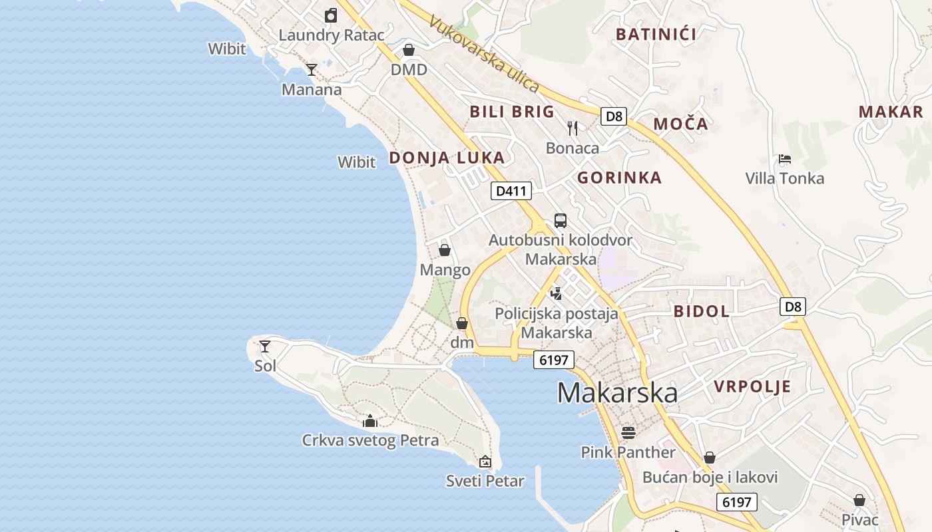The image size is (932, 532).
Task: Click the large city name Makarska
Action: [617, 392]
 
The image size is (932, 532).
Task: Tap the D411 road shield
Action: [511, 192]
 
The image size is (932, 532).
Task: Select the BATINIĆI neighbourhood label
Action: [656, 35]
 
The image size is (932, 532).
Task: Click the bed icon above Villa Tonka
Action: [785, 159]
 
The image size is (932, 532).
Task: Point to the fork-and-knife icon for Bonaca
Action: [573, 128]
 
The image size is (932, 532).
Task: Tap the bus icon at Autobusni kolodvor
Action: [561, 221]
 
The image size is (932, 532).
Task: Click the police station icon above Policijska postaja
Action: [557, 293]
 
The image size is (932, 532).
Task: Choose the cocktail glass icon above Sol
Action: [265, 346]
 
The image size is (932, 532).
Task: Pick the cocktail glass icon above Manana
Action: [312, 69]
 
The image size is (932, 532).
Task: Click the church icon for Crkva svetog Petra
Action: [370, 421]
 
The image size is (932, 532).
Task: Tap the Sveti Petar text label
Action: [485, 481]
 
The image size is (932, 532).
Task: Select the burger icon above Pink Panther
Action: [628, 433]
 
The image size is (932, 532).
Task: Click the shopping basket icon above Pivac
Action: [859, 500]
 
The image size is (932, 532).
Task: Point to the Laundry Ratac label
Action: [332, 35]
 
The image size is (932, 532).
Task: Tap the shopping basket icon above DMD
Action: [409, 50]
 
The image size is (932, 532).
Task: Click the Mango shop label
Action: [445, 270]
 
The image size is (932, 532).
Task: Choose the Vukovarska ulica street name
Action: [484, 53]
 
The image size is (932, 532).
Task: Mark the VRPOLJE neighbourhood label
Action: [752, 386]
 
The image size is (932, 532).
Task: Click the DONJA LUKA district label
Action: [447, 158]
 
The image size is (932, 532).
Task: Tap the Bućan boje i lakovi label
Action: [710, 477]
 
